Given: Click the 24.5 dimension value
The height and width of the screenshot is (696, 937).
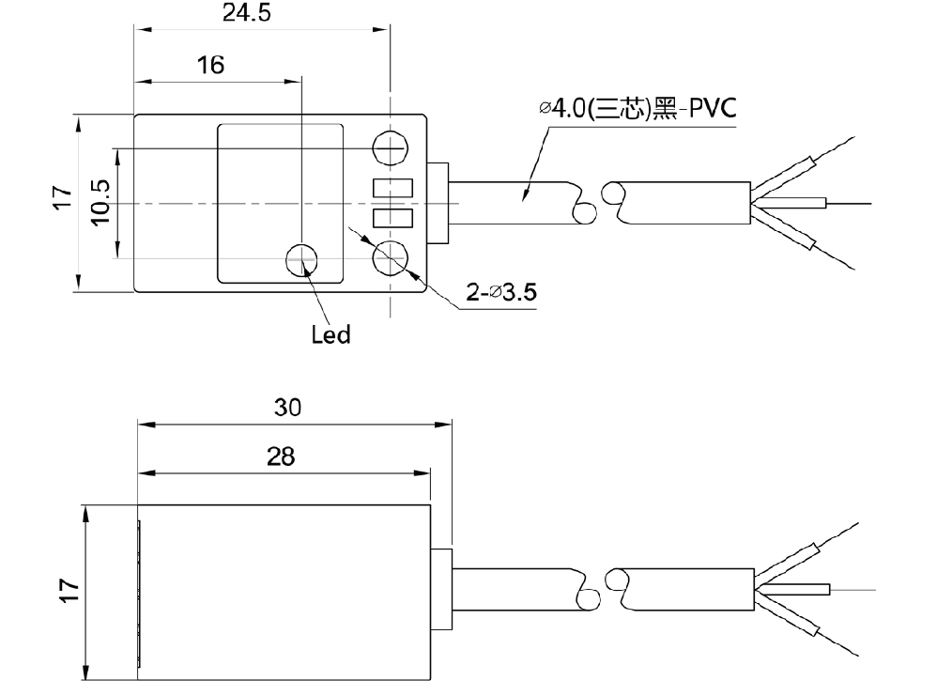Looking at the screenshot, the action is [x=247, y=12].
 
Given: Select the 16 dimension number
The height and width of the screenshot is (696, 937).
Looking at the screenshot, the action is [x=210, y=65].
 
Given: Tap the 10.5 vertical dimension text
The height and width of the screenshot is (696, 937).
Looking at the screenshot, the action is [x=101, y=202].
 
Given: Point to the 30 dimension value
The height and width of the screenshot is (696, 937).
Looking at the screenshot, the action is [x=287, y=408].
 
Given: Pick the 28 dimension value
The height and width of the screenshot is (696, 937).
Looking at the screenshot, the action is [x=281, y=456].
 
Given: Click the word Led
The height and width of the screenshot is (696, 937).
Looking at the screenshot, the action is [x=330, y=334].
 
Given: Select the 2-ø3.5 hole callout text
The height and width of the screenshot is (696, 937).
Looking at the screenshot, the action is [x=500, y=292].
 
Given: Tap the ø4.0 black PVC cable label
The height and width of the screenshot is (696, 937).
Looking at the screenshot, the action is [x=637, y=108].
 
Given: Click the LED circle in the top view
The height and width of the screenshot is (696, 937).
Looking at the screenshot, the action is [x=301, y=259].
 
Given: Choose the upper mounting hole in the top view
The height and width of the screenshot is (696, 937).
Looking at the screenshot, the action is [x=390, y=147].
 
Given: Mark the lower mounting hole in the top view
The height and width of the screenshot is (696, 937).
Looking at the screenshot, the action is [x=390, y=258].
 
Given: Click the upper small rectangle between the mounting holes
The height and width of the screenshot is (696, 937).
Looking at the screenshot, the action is [x=392, y=189].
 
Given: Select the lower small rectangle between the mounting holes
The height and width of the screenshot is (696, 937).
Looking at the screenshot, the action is [x=392, y=218].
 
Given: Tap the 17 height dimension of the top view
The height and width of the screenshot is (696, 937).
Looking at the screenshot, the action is [x=62, y=196].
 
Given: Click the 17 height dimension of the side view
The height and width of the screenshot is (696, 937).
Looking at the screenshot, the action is [x=69, y=591].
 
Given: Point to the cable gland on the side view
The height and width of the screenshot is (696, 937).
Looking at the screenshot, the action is [x=441, y=588].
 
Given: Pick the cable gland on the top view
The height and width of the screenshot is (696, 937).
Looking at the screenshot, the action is [x=438, y=203].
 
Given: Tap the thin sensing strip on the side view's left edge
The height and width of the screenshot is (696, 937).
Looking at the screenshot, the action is [x=139, y=594].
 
